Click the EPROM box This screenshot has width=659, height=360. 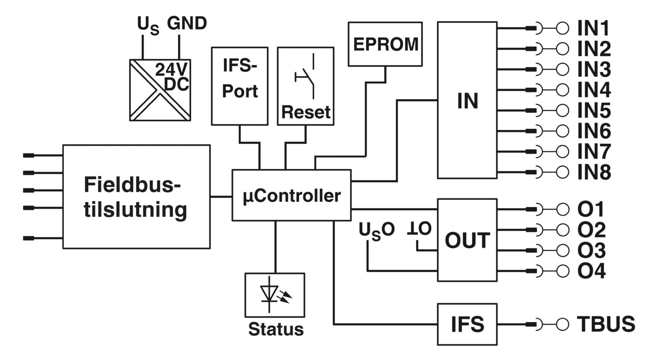click(x=385, y=44)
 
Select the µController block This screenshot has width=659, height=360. click(x=292, y=195)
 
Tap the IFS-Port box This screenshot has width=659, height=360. click(x=240, y=86)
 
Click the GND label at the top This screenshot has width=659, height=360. click(x=187, y=23)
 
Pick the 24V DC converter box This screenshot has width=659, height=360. click(x=160, y=90)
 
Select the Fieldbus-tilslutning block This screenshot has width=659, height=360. click(x=137, y=197)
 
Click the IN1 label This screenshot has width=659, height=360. click(x=593, y=29)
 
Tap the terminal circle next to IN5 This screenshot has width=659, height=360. click(x=562, y=111)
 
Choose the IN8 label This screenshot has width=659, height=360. click(x=594, y=172)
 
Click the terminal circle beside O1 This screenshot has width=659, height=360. click(x=562, y=209)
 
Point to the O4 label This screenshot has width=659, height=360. click(x=591, y=271)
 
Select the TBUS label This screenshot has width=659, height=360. click(x=606, y=324)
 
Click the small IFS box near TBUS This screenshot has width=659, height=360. click(x=467, y=324)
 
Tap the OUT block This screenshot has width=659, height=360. click(x=467, y=240)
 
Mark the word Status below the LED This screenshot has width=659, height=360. click(x=275, y=329)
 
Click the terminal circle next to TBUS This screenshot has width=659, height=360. click(x=562, y=324)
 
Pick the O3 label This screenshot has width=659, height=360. click(x=591, y=250)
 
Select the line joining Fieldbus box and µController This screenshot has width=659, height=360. click(x=221, y=197)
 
